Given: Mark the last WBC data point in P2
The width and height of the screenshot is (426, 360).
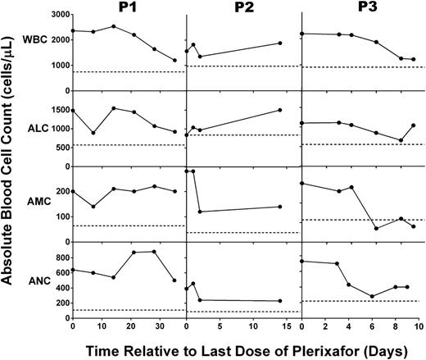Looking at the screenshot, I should click(x=280, y=43).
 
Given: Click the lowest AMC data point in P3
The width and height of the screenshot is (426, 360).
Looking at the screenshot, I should click(x=376, y=228).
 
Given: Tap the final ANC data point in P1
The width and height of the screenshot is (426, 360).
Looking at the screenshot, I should click(x=174, y=280).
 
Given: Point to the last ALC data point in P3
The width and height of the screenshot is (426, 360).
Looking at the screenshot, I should click(x=414, y=125).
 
